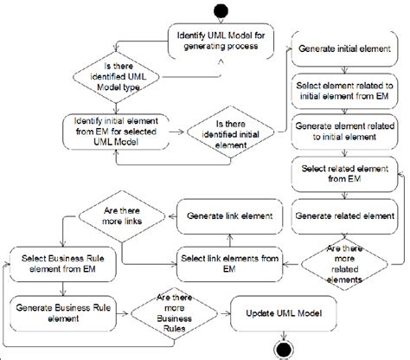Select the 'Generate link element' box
226,215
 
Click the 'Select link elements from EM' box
226,260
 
